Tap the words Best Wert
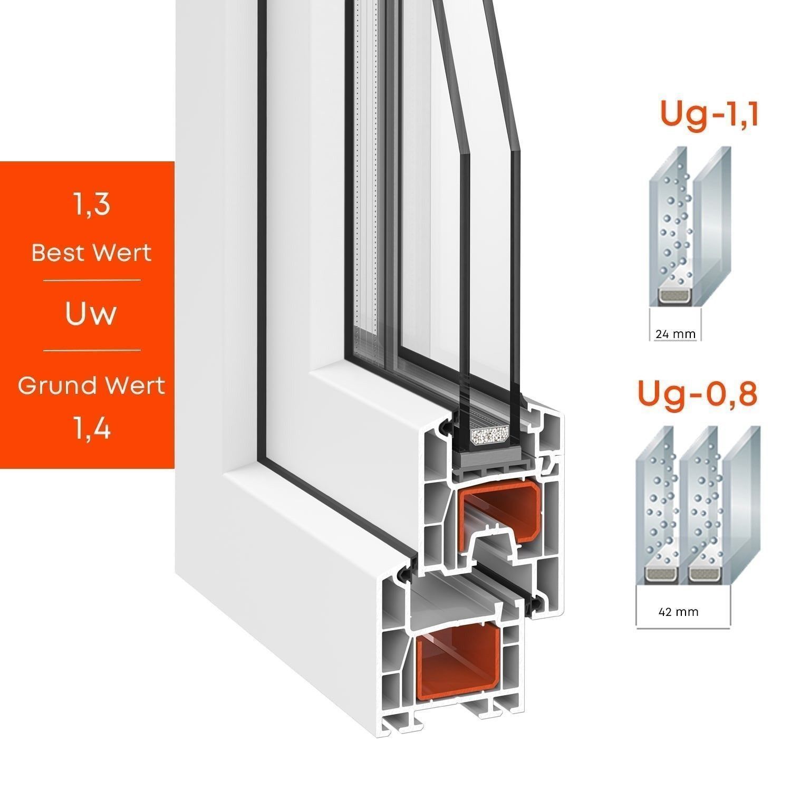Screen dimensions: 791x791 (91, 253)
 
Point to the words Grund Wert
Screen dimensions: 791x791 (91, 385)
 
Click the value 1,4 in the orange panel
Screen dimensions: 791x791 (92, 429)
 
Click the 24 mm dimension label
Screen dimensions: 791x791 (675, 334)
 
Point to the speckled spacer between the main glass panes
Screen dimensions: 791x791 (490, 436)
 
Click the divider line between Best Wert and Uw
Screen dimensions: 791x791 (92, 280)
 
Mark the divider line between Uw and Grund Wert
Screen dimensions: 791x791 (92, 350)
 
